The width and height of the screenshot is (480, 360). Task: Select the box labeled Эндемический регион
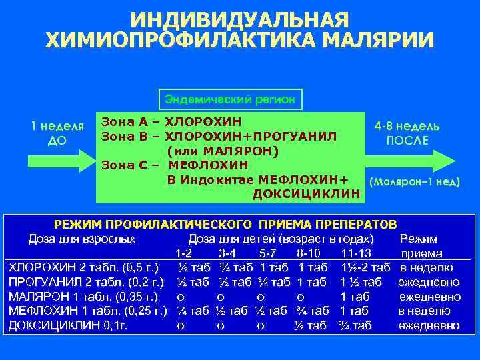click(x=230, y=99)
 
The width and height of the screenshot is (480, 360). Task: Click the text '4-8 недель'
click(x=407, y=126)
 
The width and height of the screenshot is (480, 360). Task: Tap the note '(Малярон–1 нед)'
click(x=414, y=182)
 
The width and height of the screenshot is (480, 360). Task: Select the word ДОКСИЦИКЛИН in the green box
click(x=306, y=194)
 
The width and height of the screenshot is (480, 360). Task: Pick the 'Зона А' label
click(x=125, y=122)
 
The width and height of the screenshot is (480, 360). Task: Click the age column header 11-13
click(x=355, y=253)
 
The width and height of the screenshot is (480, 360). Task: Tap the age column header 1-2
click(x=185, y=253)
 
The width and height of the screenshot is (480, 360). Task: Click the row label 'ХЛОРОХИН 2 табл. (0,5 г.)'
click(x=83, y=267)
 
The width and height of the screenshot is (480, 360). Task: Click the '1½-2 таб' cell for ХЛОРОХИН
click(x=365, y=267)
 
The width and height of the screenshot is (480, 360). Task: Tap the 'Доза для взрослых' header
click(x=82, y=239)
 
